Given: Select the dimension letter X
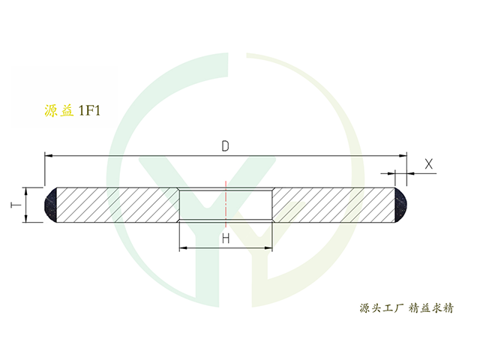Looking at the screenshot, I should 428,163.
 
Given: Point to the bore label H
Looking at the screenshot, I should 224,238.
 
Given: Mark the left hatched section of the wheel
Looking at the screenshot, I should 116,205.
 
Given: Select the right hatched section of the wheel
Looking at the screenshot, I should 334,205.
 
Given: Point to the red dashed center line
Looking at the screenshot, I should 226,202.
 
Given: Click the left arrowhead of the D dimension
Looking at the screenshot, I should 49,155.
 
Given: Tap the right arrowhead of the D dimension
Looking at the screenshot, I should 402,155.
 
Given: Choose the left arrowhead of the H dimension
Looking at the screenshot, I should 182,248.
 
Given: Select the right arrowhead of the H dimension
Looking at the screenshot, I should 268,248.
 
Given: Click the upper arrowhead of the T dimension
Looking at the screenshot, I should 26,191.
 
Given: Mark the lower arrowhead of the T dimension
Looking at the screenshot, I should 26,218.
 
